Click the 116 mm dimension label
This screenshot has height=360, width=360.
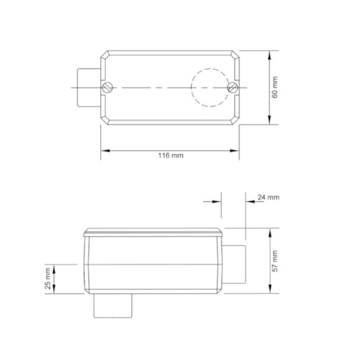point(171,156)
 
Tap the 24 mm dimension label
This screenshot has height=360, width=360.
point(268,197)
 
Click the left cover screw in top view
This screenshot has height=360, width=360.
point(110,86)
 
